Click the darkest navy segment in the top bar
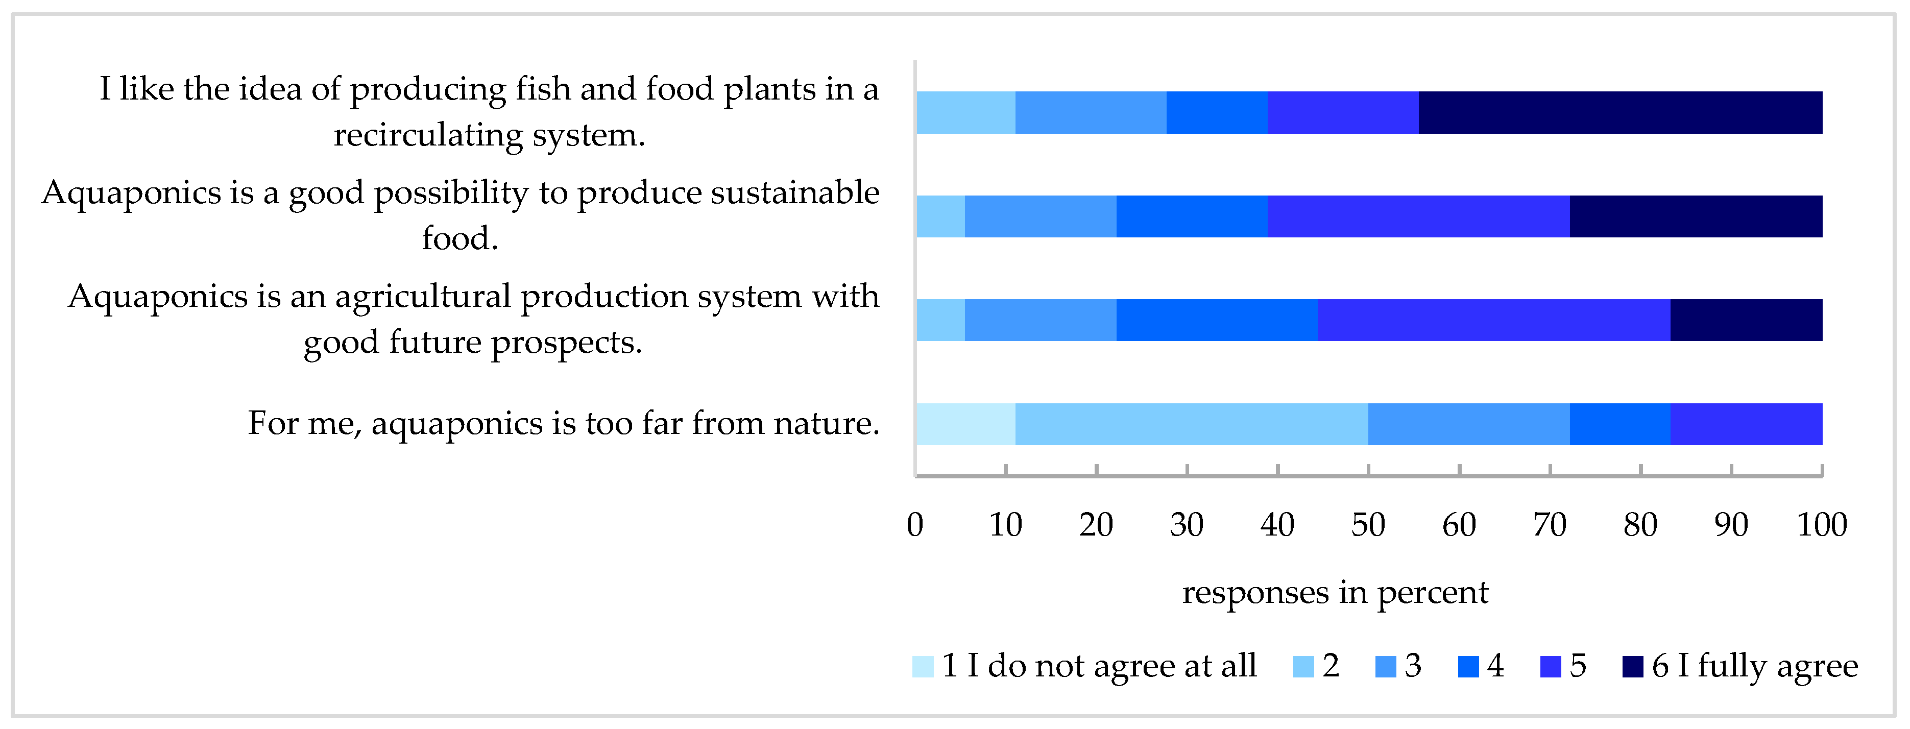click(x=1620, y=113)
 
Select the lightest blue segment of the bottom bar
click(x=965, y=424)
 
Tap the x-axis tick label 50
click(x=1368, y=525)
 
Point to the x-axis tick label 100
click(x=1822, y=525)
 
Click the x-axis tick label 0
click(x=915, y=525)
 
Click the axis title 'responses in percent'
click(x=1335, y=592)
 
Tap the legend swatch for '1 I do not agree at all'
click(x=923, y=667)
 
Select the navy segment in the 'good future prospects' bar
click(x=1746, y=321)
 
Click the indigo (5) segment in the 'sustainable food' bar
click(x=1418, y=216)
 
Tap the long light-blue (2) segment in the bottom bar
click(x=1192, y=424)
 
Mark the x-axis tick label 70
click(x=1550, y=525)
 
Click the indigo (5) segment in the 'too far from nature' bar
click(x=1746, y=424)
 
